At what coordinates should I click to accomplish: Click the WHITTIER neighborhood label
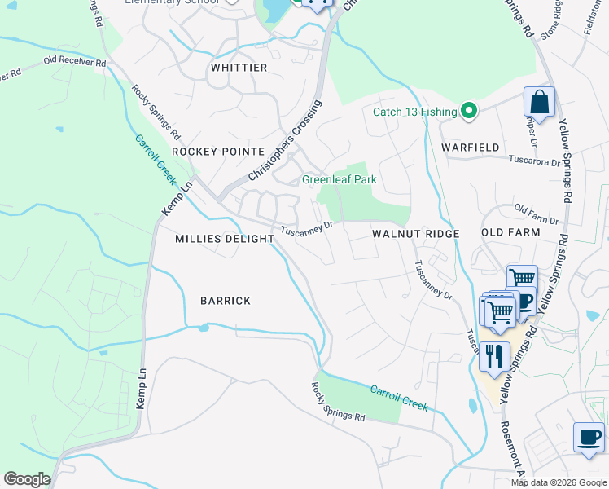(x=239, y=68)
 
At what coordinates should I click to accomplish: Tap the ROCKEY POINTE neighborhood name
(x=218, y=152)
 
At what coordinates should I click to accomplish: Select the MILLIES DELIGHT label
(x=225, y=239)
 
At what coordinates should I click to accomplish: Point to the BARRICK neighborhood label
(x=226, y=301)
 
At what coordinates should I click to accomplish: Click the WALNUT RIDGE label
(x=416, y=234)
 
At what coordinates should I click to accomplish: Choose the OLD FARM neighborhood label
(x=510, y=232)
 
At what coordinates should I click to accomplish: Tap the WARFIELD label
(x=470, y=148)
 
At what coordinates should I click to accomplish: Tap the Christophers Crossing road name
(x=286, y=141)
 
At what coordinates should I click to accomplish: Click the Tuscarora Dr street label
(x=535, y=161)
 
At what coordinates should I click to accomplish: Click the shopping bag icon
(x=539, y=104)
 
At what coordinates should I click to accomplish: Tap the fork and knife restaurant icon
(x=494, y=356)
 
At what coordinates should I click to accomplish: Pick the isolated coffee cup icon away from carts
(x=589, y=437)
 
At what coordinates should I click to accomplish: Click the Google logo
(x=27, y=479)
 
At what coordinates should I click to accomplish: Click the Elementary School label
(x=172, y=2)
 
